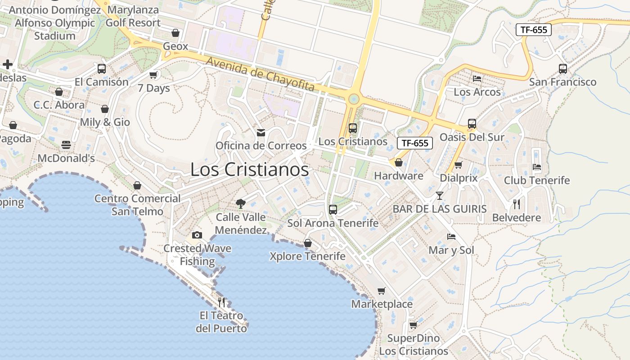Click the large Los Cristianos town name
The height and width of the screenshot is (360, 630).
pyautogui.click(x=250, y=170)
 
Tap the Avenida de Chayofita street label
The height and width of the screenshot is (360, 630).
pyautogui.click(x=260, y=74)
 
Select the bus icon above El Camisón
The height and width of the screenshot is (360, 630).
pyautogui.click(x=102, y=69)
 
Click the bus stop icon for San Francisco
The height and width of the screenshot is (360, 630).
pyautogui.click(x=562, y=69)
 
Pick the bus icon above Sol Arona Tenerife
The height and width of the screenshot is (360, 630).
pyautogui.click(x=333, y=209)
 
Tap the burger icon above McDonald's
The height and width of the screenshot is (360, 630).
pyautogui.click(x=66, y=145)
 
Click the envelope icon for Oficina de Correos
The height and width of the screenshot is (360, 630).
pyautogui.click(x=261, y=133)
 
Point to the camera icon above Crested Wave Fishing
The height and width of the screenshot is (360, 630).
pyautogui.click(x=197, y=235)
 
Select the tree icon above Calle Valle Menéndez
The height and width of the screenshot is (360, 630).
pyautogui.click(x=241, y=203)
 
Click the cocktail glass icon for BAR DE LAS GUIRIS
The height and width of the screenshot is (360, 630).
pyautogui.click(x=440, y=196)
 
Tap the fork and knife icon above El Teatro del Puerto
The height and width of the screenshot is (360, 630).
pyautogui.click(x=221, y=302)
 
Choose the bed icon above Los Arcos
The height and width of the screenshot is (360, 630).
pyautogui.click(x=477, y=79)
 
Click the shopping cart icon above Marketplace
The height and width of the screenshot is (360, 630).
pyautogui.click(x=382, y=291)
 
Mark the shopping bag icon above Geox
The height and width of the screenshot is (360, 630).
pyautogui.click(x=175, y=33)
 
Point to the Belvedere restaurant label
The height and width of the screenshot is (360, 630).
pyautogui.click(x=517, y=218)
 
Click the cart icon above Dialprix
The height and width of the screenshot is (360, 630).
pyautogui.click(x=459, y=165)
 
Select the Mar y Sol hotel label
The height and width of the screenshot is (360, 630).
pyautogui.click(x=451, y=250)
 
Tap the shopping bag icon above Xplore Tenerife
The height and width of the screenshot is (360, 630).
pyautogui.click(x=308, y=243)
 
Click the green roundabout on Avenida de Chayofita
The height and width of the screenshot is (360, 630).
pyautogui.click(x=354, y=98)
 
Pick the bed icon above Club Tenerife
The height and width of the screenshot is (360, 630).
pyautogui.click(x=536, y=167)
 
